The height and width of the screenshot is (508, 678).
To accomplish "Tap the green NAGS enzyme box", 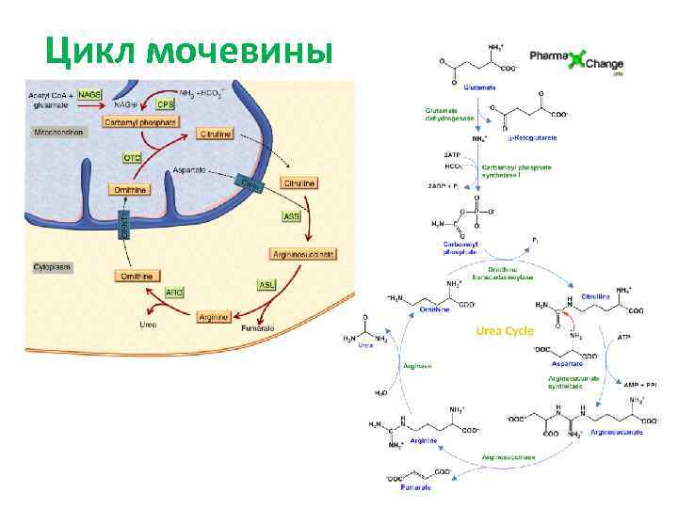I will coord(90,94).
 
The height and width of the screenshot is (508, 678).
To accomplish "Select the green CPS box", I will coord(166,104).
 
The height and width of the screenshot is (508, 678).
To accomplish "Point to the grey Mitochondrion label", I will coord(59,133).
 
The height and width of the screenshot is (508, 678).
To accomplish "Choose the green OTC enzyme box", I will coord(133,157).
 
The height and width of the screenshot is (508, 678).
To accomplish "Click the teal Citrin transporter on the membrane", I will coord(250,183).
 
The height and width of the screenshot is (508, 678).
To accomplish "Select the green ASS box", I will coord(293,216).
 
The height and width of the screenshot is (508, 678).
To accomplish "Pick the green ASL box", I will coord(266,284).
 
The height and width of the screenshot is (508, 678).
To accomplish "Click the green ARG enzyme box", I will coord(174,293).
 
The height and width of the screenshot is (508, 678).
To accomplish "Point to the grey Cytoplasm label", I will coord(53,267).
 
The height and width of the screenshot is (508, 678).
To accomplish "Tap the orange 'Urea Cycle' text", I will coord(505,331).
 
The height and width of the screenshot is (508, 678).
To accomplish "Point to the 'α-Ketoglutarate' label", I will coord(532,137).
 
